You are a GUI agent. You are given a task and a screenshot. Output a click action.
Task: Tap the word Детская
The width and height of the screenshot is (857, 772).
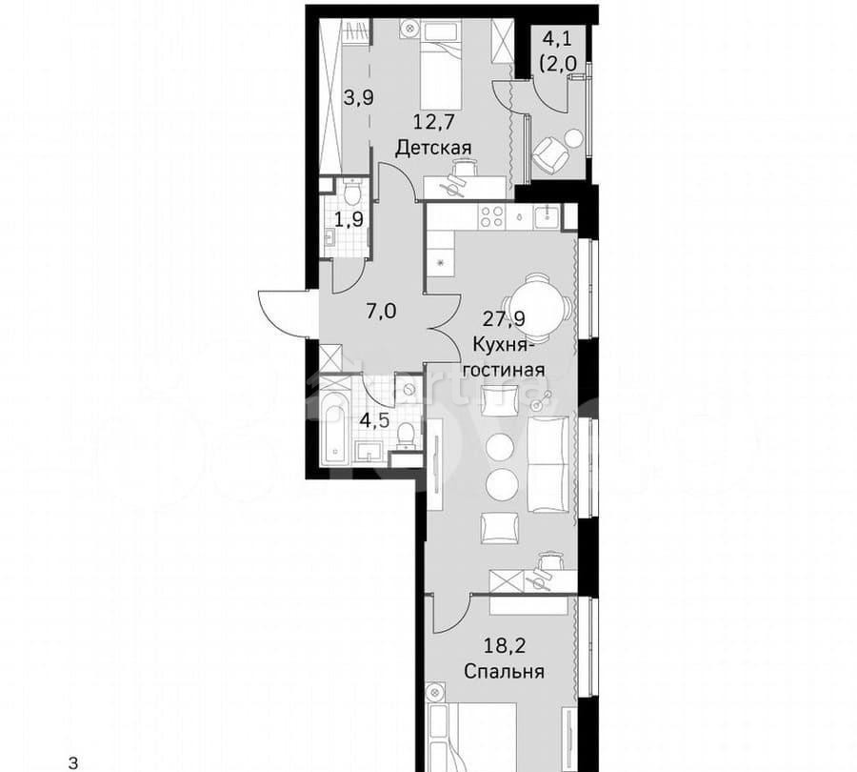[x=434, y=148]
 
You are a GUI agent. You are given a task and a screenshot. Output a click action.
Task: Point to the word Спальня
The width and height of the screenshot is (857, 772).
[x=505, y=672]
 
